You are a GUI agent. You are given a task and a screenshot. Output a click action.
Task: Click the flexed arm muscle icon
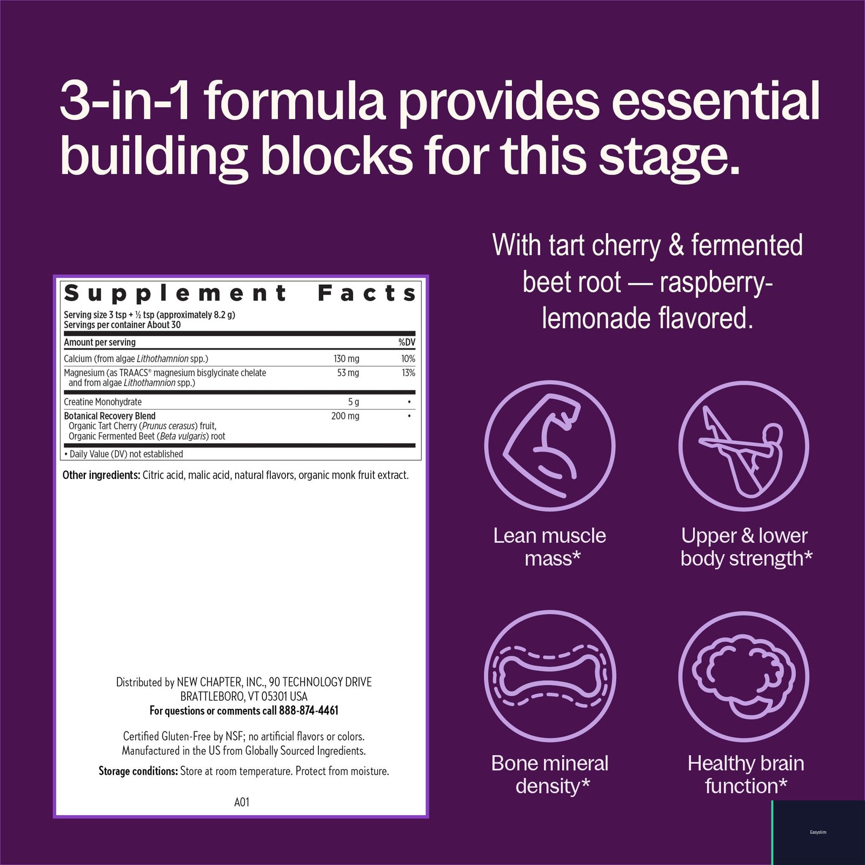pyautogui.click(x=550, y=445)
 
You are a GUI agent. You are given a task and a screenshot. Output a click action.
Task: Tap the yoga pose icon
pyautogui.click(x=744, y=445)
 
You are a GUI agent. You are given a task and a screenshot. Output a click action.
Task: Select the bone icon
pyautogui.click(x=550, y=676)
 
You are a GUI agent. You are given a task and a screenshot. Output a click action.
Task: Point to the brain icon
pyautogui.click(x=744, y=676)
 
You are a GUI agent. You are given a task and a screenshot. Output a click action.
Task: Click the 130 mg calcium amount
pyautogui.click(x=347, y=358)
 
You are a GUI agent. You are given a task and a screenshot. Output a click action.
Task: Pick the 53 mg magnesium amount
pyautogui.click(x=348, y=372)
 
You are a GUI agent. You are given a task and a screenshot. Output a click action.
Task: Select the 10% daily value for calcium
pyautogui.click(x=408, y=358)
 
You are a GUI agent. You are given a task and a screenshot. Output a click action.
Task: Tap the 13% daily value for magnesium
pyautogui.click(x=409, y=372)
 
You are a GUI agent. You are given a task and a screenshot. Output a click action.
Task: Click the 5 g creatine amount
pyautogui.click(x=354, y=402)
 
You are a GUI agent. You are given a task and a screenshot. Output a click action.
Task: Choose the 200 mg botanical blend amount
pyautogui.click(x=345, y=416)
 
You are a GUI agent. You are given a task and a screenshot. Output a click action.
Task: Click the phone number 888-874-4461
pyautogui.click(x=309, y=710)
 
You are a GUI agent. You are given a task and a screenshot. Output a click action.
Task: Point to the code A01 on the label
pyautogui.click(x=242, y=802)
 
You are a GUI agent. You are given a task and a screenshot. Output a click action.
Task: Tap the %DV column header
pyautogui.click(x=407, y=342)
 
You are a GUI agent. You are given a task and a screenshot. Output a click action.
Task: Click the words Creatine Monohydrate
pyautogui.click(x=103, y=402)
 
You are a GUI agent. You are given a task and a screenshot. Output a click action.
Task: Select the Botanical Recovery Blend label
pyautogui.click(x=110, y=416)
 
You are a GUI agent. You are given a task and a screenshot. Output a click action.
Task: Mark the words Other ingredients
pyautogui.click(x=101, y=475)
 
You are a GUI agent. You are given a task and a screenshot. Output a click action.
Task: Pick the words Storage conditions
pyautogui.click(x=138, y=771)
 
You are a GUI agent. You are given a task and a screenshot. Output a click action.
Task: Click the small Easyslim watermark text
pyautogui.click(x=818, y=832)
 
